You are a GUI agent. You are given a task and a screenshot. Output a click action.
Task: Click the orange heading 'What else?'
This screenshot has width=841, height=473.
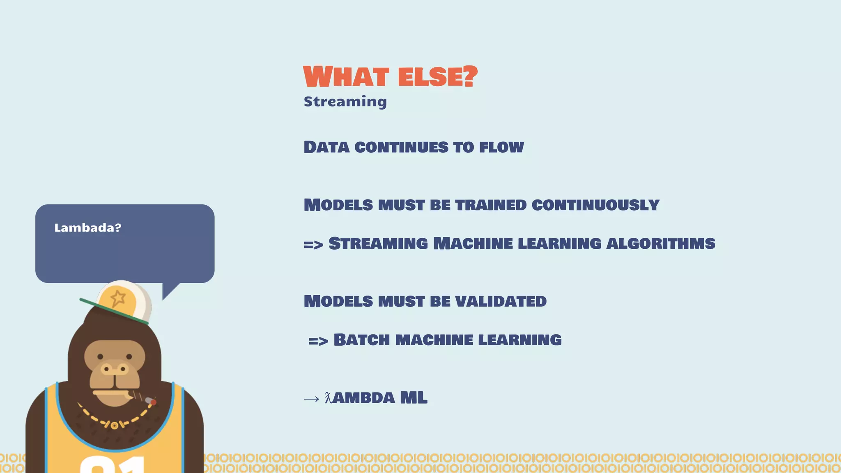point(390,77)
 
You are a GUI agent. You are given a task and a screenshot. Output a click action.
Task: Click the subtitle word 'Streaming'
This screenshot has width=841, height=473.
point(345,101)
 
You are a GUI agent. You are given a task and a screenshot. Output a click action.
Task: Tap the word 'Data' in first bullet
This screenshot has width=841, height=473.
point(326,147)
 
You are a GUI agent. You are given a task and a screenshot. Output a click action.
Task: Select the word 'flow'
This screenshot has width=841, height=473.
point(501,147)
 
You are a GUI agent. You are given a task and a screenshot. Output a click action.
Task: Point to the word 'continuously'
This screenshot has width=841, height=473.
point(595,205)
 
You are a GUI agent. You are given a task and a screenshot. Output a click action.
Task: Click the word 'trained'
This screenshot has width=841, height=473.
point(491,205)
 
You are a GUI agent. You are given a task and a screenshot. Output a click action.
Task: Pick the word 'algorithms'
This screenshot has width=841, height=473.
point(661,243)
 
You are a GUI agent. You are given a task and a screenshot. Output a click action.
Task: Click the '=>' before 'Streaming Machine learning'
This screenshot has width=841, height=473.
point(313,245)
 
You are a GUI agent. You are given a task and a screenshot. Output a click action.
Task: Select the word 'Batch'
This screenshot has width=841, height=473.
point(361,340)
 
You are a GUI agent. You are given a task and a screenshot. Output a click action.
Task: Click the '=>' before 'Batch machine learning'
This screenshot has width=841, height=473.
point(318,341)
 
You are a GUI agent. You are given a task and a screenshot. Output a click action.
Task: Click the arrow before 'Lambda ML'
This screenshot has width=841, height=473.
point(311,399)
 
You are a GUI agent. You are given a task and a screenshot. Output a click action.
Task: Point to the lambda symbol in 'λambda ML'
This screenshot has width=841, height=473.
point(328,397)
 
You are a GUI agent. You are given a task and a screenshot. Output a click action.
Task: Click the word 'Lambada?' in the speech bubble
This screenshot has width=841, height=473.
point(88,228)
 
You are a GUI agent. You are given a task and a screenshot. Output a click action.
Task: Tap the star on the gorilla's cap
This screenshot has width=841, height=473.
point(118,298)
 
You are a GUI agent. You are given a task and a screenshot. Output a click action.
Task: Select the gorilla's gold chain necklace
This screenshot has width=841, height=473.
point(115,423)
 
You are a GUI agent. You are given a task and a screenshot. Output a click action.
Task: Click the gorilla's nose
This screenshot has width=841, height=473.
point(115,369)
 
